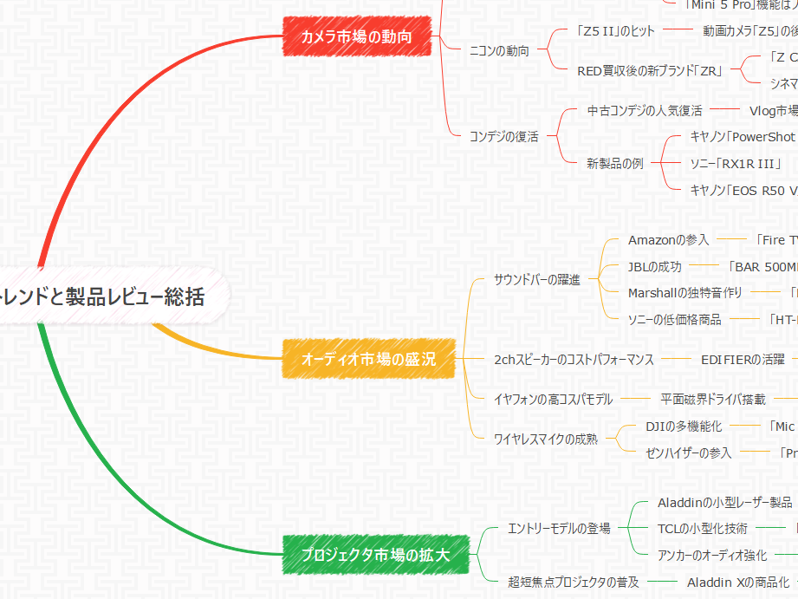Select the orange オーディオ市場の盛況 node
coord(368,358)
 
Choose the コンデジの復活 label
coord(503,136)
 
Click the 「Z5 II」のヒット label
coord(617,30)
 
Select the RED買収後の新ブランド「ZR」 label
coord(650,71)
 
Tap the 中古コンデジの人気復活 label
coord(645,111)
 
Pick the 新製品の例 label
coord(615,163)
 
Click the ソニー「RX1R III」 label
coord(736,163)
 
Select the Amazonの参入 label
coord(668,239)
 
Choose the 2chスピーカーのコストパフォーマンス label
coord(574,359)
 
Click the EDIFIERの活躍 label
coord(743,359)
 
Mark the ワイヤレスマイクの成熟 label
coord(545,439)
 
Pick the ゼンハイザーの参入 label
coord(689,453)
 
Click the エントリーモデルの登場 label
coord(559,528)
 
